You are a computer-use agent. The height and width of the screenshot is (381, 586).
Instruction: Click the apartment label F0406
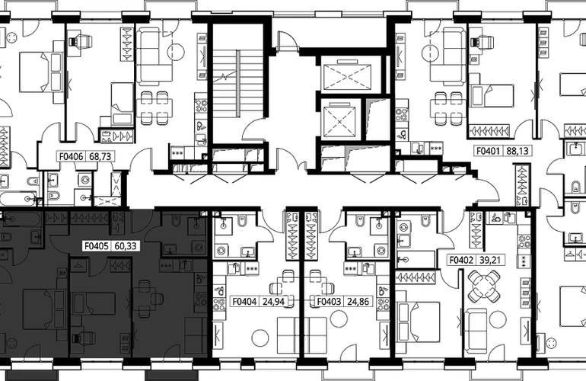(72, 156)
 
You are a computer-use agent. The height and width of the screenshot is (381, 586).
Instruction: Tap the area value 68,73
(100, 156)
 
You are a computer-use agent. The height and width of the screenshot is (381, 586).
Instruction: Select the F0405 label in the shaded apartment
(97, 246)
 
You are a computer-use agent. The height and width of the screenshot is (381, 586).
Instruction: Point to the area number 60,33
(126, 246)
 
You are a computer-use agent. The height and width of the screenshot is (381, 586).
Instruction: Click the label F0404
(245, 301)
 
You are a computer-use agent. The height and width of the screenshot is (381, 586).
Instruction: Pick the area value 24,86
(358, 301)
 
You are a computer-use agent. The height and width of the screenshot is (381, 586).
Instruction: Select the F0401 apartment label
(488, 151)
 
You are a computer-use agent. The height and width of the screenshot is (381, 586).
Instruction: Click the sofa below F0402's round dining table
(476, 328)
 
